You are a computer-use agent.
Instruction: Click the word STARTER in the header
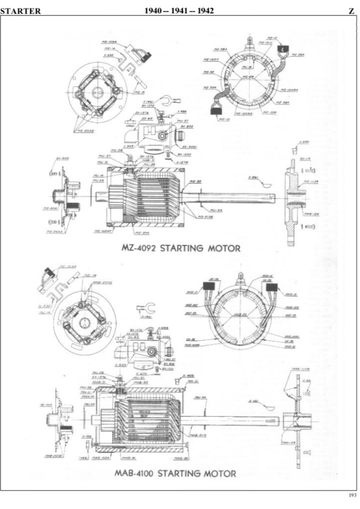click(x=21, y=11)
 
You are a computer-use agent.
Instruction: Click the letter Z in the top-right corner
click(x=352, y=11)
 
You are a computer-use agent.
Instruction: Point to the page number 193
click(x=352, y=495)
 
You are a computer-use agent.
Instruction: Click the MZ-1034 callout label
click(x=108, y=41)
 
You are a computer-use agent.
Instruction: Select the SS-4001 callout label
click(x=189, y=146)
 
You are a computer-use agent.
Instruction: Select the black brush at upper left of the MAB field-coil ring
click(x=207, y=287)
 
